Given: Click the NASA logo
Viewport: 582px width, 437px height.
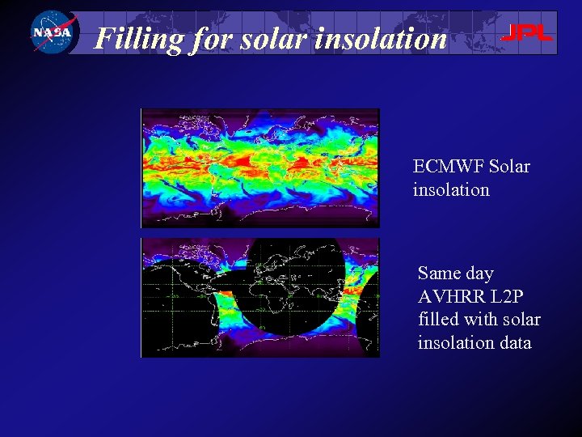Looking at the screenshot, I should coord(51,32).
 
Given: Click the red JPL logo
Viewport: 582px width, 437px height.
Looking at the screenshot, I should coord(526,33).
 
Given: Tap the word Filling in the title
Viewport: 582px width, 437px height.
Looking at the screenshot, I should coord(138,38).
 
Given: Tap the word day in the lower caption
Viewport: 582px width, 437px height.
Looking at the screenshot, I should coord(479,274).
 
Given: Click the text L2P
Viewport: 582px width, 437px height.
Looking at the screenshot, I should coord(505,297).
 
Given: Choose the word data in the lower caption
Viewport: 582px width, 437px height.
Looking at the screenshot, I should coord(512,343).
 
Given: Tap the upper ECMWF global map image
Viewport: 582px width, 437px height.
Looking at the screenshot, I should coord(259,168).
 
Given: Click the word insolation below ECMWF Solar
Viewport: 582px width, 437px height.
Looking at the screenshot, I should coord(451,190).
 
